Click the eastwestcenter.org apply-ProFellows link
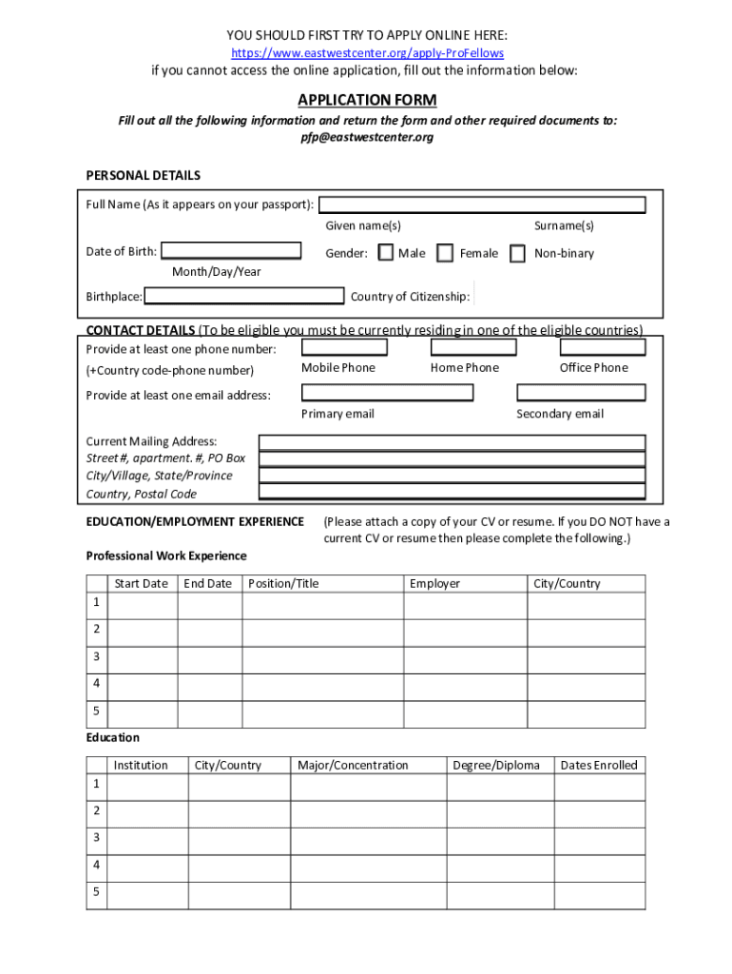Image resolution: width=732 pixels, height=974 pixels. coord(367,53)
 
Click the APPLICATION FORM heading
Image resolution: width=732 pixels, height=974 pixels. coord(367,100)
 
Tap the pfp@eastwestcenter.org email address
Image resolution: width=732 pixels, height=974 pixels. coord(367,137)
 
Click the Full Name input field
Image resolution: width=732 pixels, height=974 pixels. coord(482,205)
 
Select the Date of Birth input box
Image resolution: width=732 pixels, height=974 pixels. coord(231,251)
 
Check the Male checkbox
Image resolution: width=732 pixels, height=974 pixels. coord(386,253)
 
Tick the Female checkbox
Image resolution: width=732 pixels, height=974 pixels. coord(445,253)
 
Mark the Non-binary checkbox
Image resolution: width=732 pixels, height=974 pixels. coord(517,253)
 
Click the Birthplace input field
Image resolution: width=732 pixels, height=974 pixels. coord(244,296)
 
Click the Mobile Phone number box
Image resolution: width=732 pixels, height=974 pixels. coord(344,348)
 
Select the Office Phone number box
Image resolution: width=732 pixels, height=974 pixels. coord(603,348)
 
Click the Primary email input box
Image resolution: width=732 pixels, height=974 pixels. coord(387,392)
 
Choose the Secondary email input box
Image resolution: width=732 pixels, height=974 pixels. coord(581,392)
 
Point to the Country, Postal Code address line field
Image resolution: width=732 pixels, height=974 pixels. coord(453,492)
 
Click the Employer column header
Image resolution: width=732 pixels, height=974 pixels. coord(434,584)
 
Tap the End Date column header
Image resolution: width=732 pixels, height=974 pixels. coord(208,584)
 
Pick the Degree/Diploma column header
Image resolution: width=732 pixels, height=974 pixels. coord(496,766)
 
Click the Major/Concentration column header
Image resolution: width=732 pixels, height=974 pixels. coord(353,766)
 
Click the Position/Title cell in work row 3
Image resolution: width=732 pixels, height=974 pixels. coord(322,657)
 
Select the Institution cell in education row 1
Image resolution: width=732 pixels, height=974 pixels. coord(147,787)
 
